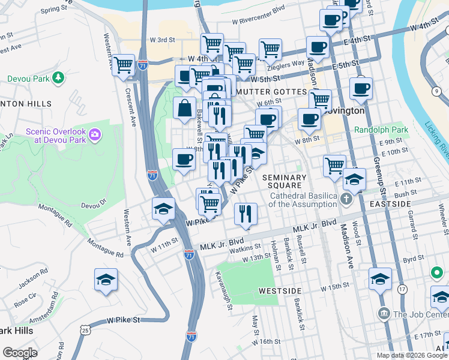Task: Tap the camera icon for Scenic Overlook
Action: click(x=94, y=133)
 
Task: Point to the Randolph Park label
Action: click(x=381, y=130)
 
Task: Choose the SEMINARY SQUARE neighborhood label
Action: click(x=284, y=181)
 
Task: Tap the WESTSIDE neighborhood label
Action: click(x=280, y=290)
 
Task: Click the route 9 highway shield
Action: click(x=437, y=91)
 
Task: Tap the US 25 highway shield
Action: click(x=86, y=330)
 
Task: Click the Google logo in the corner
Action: click(x=20, y=353)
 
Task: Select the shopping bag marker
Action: click(x=185, y=109)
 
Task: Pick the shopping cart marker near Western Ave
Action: click(x=124, y=65)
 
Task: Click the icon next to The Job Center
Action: click(x=384, y=314)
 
